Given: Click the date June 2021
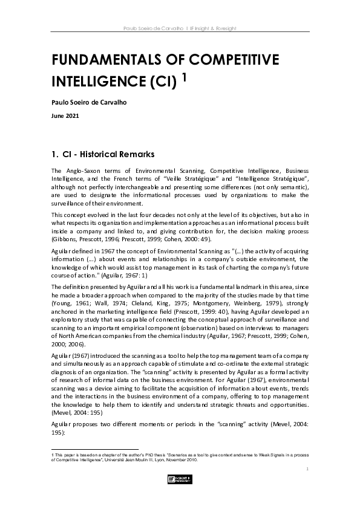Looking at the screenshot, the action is click(65, 115).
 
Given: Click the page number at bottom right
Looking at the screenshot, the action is click(307, 468).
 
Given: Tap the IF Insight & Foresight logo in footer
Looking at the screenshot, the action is click(180, 480).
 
